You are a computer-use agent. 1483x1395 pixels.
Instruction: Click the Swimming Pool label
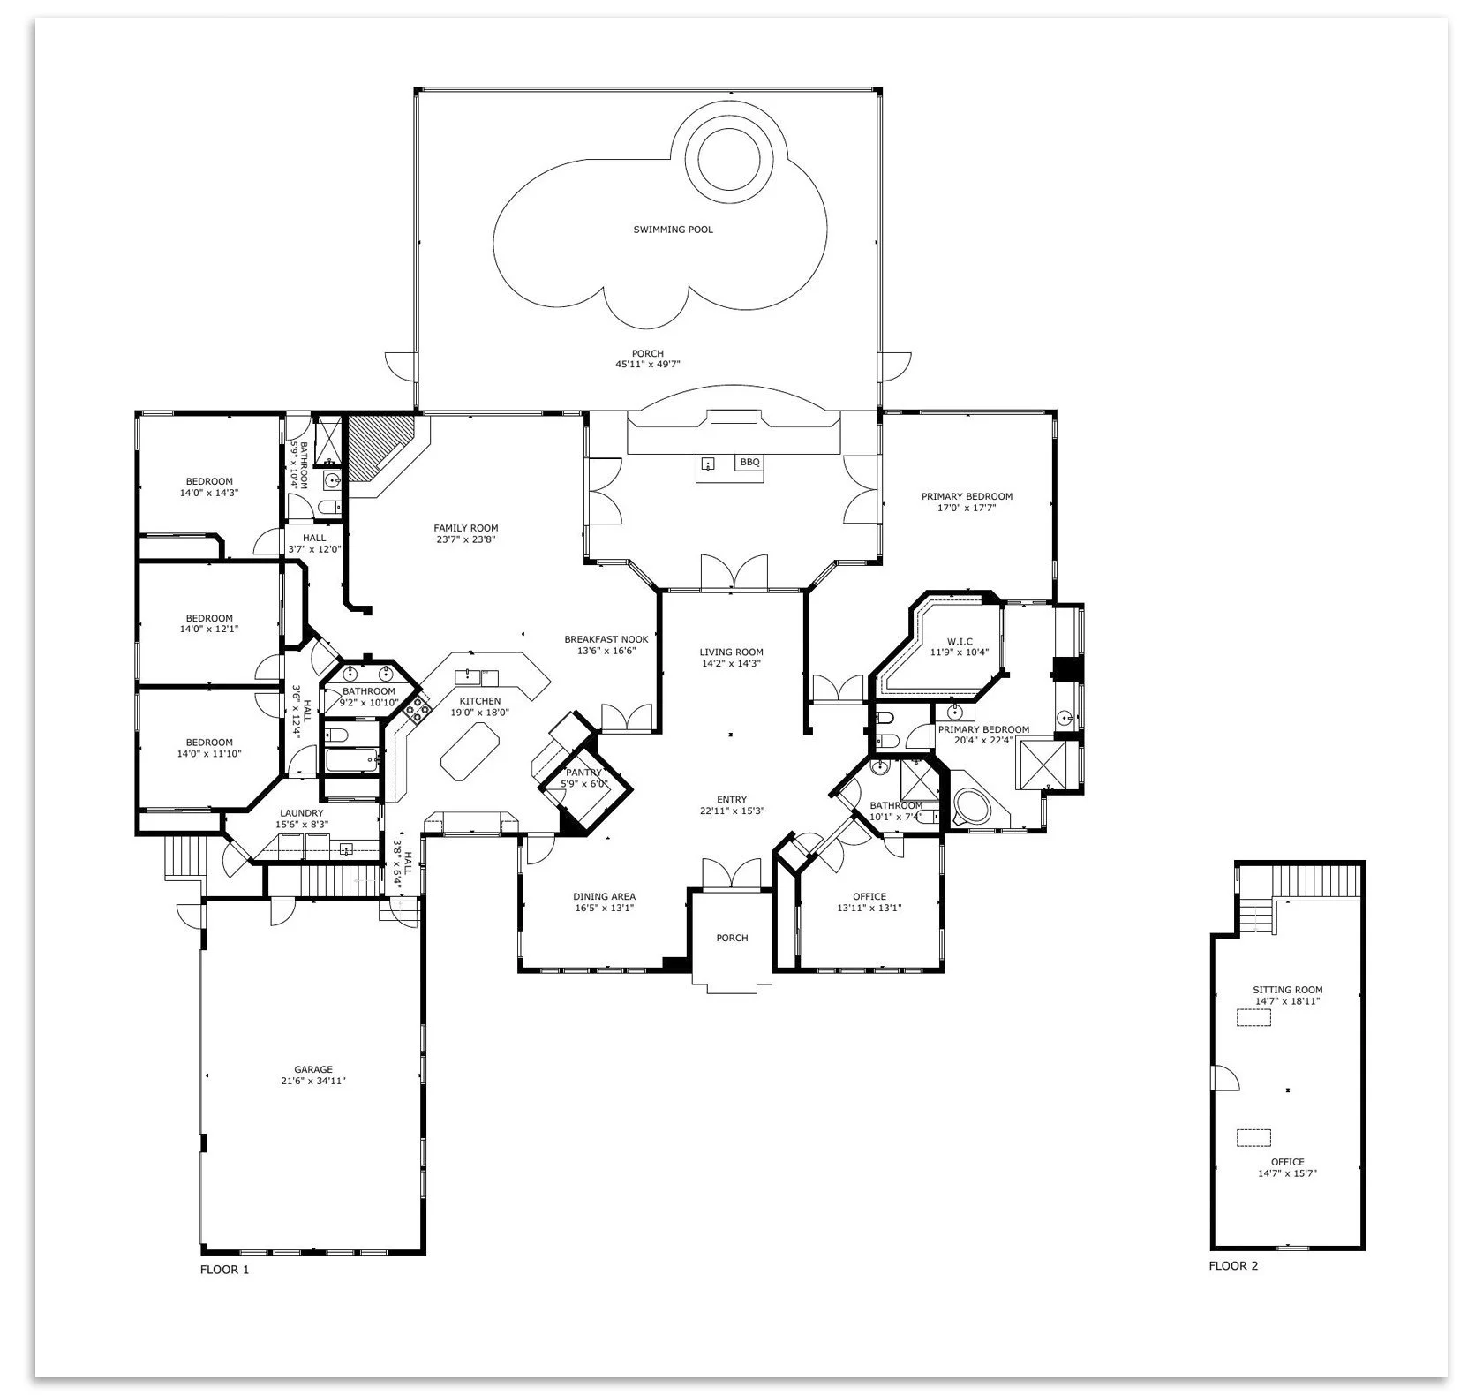tap(673, 230)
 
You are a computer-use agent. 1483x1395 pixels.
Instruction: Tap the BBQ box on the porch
tap(749, 462)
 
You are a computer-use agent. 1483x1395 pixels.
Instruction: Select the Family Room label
tap(466, 528)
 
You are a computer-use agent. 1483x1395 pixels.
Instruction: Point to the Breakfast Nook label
tap(606, 639)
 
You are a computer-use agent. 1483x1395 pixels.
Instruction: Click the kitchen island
tap(470, 751)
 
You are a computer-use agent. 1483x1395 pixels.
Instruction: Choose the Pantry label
tap(583, 773)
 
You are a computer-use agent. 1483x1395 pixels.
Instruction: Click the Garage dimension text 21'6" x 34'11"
tap(313, 1080)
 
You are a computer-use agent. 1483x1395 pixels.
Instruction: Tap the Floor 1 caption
tap(224, 1270)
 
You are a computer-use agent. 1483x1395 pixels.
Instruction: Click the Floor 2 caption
tap(1233, 1266)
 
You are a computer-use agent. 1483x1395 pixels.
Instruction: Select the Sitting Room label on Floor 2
tap(1287, 990)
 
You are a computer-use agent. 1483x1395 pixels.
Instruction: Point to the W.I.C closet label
tap(960, 641)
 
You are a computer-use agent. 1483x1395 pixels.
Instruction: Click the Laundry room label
tap(302, 813)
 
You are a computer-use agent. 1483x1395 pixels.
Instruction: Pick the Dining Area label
tap(604, 896)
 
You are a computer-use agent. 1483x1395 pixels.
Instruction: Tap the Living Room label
tap(731, 652)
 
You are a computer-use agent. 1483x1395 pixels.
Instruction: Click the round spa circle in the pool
tap(728, 160)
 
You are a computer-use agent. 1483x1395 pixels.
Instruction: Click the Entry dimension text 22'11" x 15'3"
tap(732, 811)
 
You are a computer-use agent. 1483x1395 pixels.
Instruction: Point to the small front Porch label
tap(732, 938)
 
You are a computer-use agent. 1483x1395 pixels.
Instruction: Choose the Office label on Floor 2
tap(1287, 1162)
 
